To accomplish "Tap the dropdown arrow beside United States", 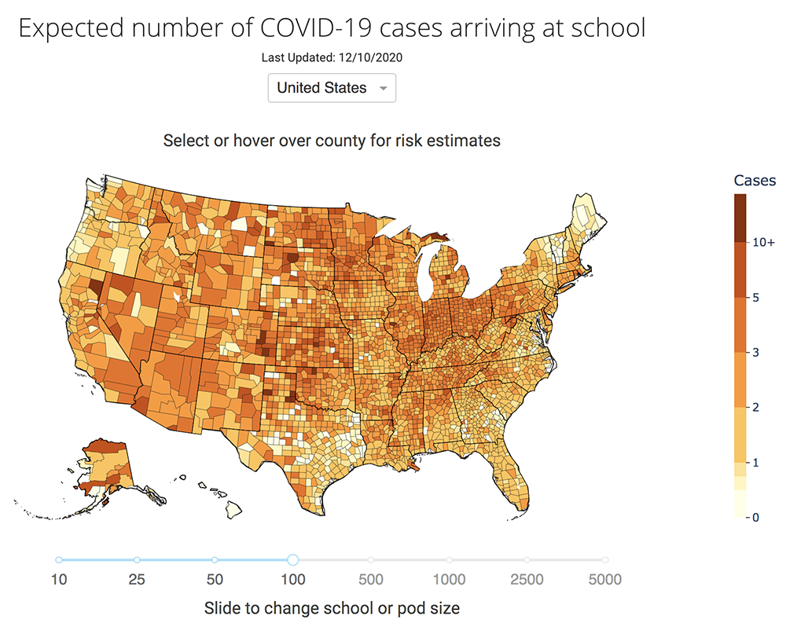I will [383, 89].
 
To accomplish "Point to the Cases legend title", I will [755, 180].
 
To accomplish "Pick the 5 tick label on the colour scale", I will [755, 298].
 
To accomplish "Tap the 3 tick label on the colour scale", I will [755, 353].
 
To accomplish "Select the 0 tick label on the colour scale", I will [755, 517].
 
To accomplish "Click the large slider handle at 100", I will [292, 559].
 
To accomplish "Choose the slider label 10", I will [59, 581].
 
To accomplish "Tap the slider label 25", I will [137, 581].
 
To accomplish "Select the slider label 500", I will [371, 581].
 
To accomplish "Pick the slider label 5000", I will [604, 581].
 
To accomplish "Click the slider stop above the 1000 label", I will [449, 559].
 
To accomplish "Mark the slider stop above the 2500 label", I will [527, 559].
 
